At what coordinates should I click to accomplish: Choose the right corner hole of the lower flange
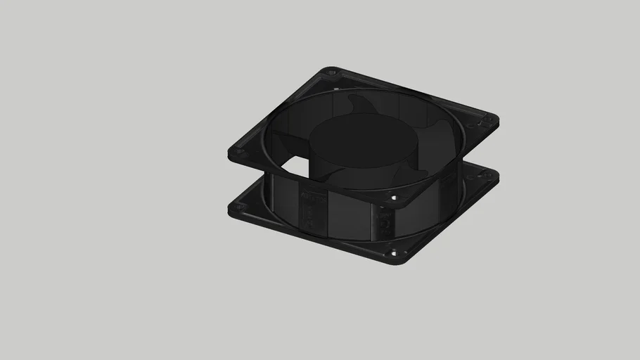point(488,176)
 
